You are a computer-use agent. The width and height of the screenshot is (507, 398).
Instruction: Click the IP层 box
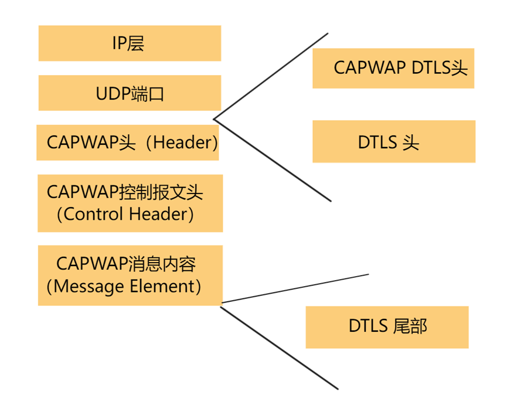[x=130, y=43]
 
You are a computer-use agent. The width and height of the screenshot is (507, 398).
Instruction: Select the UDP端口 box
[x=130, y=93]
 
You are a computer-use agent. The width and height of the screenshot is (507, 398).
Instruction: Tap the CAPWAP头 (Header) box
[x=127, y=142]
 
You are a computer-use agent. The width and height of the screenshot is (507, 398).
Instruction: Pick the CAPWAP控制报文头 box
[x=130, y=203]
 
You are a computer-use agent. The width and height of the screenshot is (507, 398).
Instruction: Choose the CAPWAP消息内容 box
[x=130, y=275]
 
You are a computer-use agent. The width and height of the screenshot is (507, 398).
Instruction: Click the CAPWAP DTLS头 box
[x=393, y=68]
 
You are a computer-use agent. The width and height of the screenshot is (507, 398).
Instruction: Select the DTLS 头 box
[x=393, y=142]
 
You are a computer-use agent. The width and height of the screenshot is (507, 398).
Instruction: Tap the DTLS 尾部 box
[x=387, y=327]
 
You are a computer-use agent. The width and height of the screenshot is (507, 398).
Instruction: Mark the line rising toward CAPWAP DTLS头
[x=270, y=76]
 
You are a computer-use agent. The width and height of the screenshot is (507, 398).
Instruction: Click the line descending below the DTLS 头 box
[x=273, y=161]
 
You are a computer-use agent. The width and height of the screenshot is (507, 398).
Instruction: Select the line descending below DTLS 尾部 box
[x=279, y=346]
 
